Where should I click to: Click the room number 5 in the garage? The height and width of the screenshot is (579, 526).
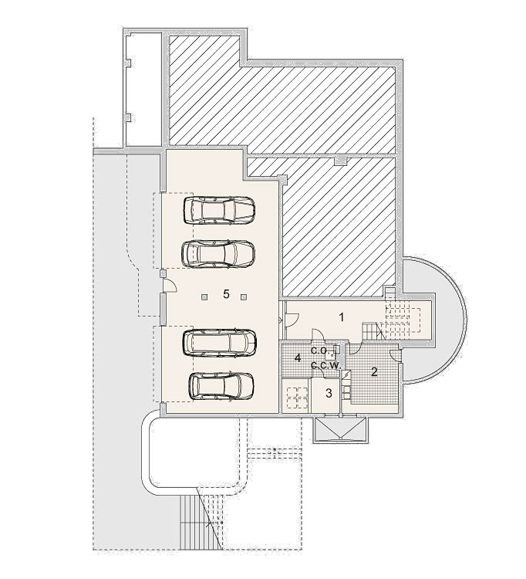tap(226, 294)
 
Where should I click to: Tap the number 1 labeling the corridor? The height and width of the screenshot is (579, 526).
tap(342, 317)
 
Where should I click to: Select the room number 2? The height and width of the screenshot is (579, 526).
tap(374, 372)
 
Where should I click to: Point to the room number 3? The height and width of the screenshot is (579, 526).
tap(329, 393)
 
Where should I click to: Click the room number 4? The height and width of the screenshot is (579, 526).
tap(298, 357)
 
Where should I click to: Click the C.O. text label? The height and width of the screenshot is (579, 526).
tap(319, 350)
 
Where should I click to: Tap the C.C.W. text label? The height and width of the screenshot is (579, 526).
tap(325, 366)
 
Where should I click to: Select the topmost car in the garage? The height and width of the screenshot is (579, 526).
tap(219, 210)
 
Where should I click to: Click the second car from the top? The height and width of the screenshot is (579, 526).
tap(218, 253)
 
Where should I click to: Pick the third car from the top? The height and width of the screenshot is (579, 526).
tap(220, 343)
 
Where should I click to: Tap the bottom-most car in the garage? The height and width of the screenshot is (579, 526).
tap(221, 386)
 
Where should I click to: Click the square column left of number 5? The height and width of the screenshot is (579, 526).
tap(204, 296)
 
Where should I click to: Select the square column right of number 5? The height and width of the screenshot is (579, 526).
tap(244, 296)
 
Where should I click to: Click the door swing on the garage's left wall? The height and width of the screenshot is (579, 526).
tap(170, 286)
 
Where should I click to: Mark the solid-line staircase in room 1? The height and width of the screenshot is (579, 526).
tap(373, 331)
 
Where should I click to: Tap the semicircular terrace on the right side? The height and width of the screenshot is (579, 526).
tap(439, 320)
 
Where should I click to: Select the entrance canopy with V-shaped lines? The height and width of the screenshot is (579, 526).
tap(340, 430)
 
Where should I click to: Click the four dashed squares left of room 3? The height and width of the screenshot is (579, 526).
tap(297, 397)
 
